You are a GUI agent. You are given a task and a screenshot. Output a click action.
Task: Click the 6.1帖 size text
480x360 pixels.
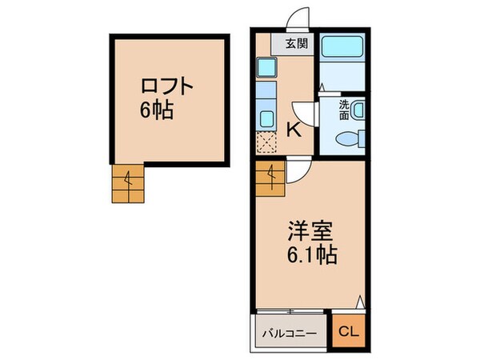[x=310, y=257]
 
